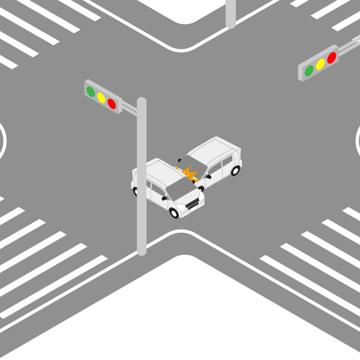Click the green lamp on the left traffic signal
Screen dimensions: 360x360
click(91, 91)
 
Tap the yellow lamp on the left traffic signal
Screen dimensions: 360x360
click(101, 98)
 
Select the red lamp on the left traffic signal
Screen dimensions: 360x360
click(112, 104)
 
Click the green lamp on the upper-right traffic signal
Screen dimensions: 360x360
click(309, 71)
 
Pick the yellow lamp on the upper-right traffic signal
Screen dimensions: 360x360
click(320, 64)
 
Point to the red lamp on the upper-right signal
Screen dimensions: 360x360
click(332, 58)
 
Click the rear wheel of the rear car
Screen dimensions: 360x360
click(235, 171)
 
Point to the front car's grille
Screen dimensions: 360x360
click(193, 205)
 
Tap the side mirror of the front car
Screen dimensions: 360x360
click(164, 198)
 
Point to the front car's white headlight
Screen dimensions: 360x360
click(181, 207)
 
